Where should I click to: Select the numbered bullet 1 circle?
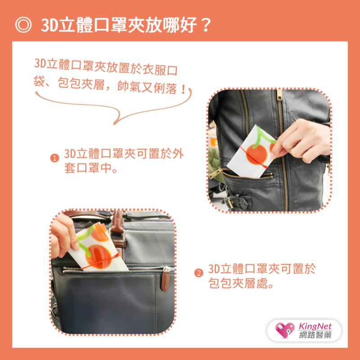tap(55, 158)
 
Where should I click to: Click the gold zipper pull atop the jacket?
tap(279, 95)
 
